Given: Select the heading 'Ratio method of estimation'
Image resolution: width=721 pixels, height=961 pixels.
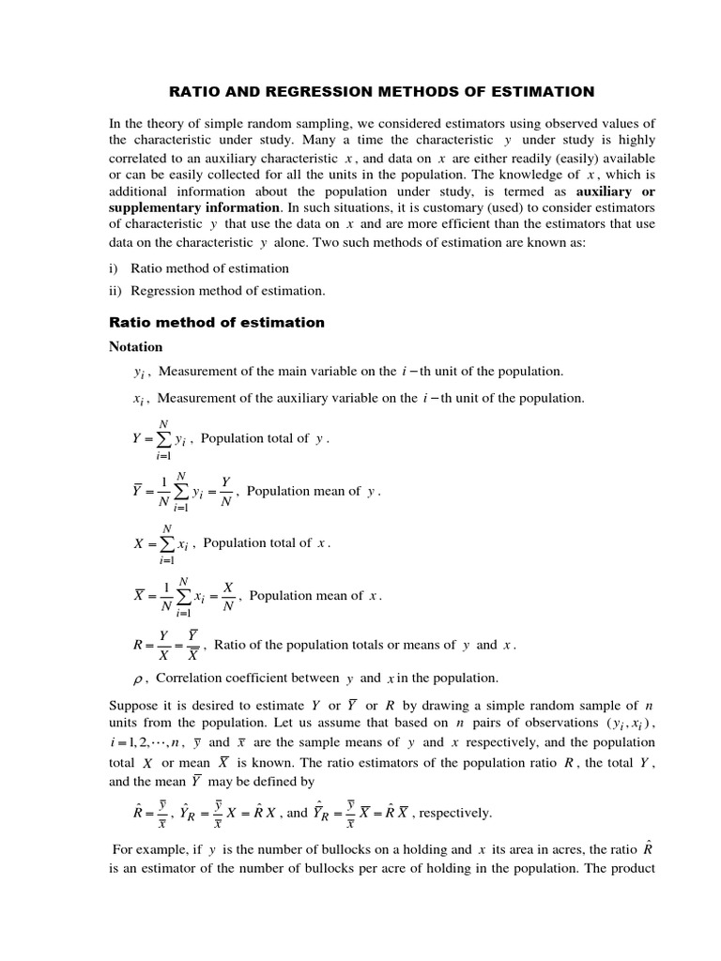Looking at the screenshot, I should click(217, 322).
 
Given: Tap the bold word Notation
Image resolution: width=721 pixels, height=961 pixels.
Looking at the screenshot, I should click(136, 346).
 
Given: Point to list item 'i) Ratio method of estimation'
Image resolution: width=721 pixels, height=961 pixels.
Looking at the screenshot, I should click(199, 268).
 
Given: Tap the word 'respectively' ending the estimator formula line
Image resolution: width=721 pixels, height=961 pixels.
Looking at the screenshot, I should click(454, 813).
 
